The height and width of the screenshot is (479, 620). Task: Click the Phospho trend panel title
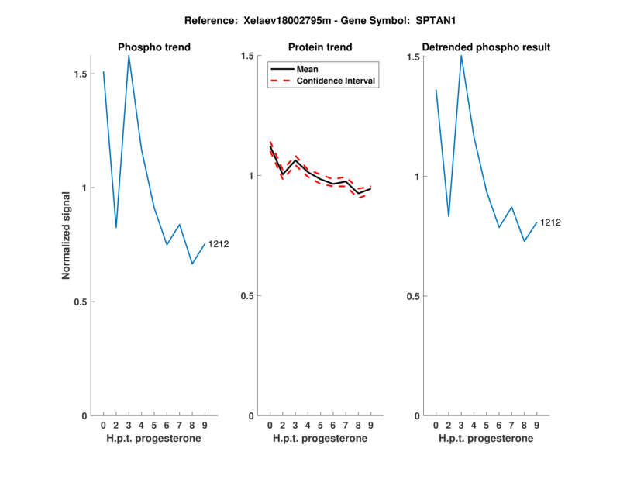point(154,47)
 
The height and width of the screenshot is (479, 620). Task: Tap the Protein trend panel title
point(320,47)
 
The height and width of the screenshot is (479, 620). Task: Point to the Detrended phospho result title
point(486,47)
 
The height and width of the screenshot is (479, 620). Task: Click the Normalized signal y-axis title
point(67,236)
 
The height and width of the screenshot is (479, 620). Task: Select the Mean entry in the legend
point(307,69)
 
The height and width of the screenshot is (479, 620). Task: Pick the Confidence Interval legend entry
point(336,81)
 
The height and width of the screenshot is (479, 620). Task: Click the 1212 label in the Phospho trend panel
point(219,245)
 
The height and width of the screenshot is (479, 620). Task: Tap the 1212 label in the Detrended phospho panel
point(550,222)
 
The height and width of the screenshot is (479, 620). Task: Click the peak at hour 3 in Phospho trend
point(129,56)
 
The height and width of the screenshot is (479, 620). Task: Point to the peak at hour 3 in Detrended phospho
point(461,56)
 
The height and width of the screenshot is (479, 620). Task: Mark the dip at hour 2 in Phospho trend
point(116,227)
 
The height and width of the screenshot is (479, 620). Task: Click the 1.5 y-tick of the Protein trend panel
point(248,56)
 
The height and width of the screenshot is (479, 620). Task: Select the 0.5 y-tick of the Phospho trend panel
point(81,302)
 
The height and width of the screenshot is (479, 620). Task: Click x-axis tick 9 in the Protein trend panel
point(370,426)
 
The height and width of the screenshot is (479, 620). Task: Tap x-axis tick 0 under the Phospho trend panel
point(103,426)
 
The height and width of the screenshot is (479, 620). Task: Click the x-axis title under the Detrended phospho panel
point(486,439)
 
